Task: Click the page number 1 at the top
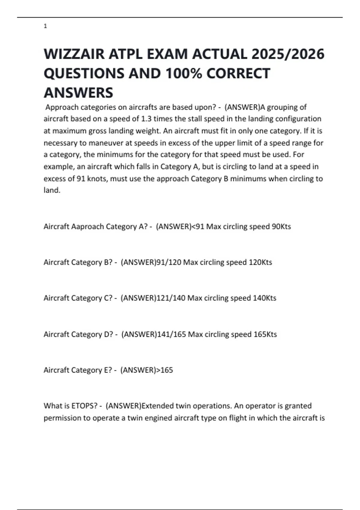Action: pos(45,26)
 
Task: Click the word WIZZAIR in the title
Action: pos(74,54)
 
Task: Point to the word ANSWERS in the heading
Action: pos(78,92)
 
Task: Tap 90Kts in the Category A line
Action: pos(281,226)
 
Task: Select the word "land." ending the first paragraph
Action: pos(52,190)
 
